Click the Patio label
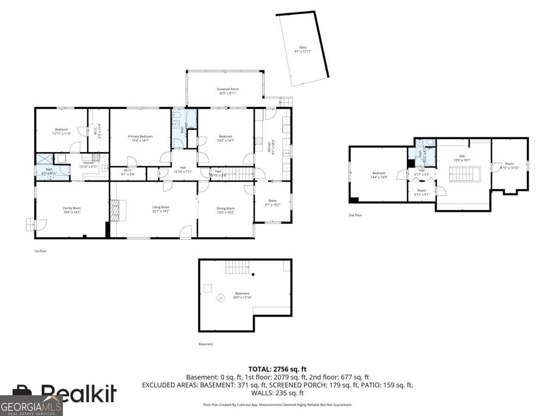click(303, 49)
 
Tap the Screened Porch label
click(228, 91)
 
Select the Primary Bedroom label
click(140, 138)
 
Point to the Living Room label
click(161, 209)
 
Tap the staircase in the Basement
click(236, 267)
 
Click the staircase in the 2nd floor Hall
click(465, 174)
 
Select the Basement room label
click(242, 295)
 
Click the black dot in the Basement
click(253, 275)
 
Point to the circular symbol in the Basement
click(221, 298)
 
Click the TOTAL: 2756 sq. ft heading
click(277, 369)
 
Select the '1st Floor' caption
click(41, 251)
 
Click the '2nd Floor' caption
click(355, 215)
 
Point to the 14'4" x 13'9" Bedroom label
click(378, 175)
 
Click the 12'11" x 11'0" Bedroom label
click(62, 131)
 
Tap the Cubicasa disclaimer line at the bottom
click(277, 405)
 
